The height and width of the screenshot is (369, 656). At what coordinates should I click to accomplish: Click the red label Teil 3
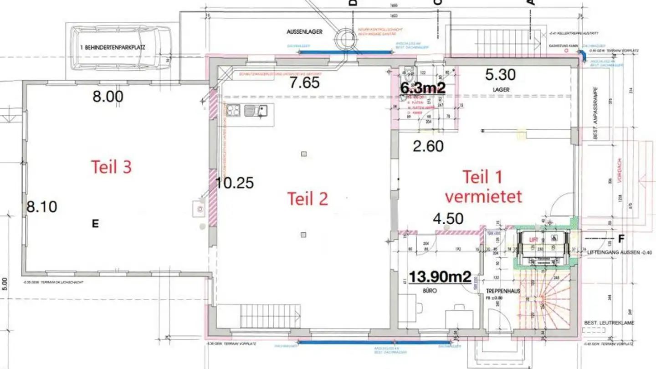pos(112,167)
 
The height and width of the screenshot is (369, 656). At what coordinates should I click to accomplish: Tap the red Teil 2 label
pos(307,199)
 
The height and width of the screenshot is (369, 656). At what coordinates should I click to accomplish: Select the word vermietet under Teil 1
pos(483,196)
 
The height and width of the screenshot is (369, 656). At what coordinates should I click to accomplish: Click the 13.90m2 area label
pos(439,277)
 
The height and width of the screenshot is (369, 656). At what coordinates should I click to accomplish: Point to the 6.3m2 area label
pos(422,88)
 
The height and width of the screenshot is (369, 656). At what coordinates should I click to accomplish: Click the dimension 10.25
pos(235,183)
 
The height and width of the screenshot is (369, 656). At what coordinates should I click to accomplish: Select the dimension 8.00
pos(108,97)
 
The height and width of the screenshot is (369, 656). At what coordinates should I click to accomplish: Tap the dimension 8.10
pos(41,207)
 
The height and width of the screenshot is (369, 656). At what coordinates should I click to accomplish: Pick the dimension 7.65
pos(305,82)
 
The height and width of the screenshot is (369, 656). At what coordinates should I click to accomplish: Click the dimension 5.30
pos(501,74)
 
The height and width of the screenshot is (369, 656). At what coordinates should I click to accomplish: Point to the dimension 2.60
pos(428,146)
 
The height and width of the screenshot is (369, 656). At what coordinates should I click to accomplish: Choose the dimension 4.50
pos(448,219)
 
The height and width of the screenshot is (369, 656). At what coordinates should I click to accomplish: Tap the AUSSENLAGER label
pos(305,32)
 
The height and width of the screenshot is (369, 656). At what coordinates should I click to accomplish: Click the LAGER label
pos(501,90)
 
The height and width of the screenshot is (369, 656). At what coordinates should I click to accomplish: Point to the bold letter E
pos(95,223)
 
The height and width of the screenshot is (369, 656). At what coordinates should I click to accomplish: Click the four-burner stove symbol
pos(234,111)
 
